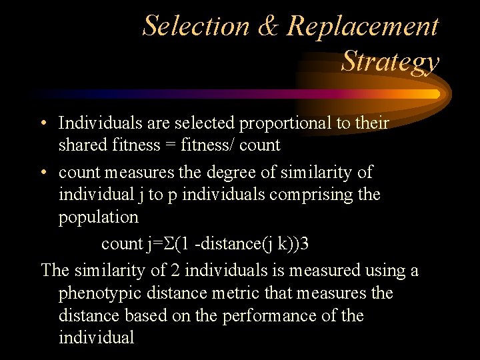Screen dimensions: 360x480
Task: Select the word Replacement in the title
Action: click(363, 26)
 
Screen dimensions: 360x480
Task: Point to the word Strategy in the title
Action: click(390, 61)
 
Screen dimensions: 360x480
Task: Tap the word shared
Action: click(82, 145)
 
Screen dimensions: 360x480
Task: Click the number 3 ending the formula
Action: click(305, 244)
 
